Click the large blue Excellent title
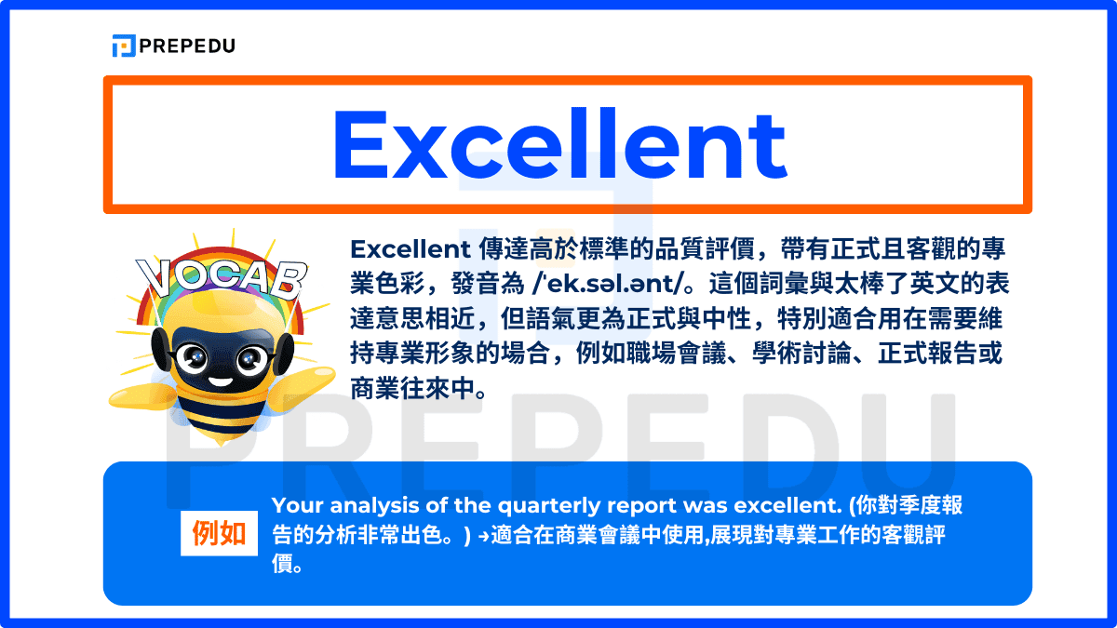pos(559,145)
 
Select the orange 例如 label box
pos(219,533)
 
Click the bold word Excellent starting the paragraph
pos(409,249)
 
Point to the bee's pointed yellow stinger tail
pos(220,437)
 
